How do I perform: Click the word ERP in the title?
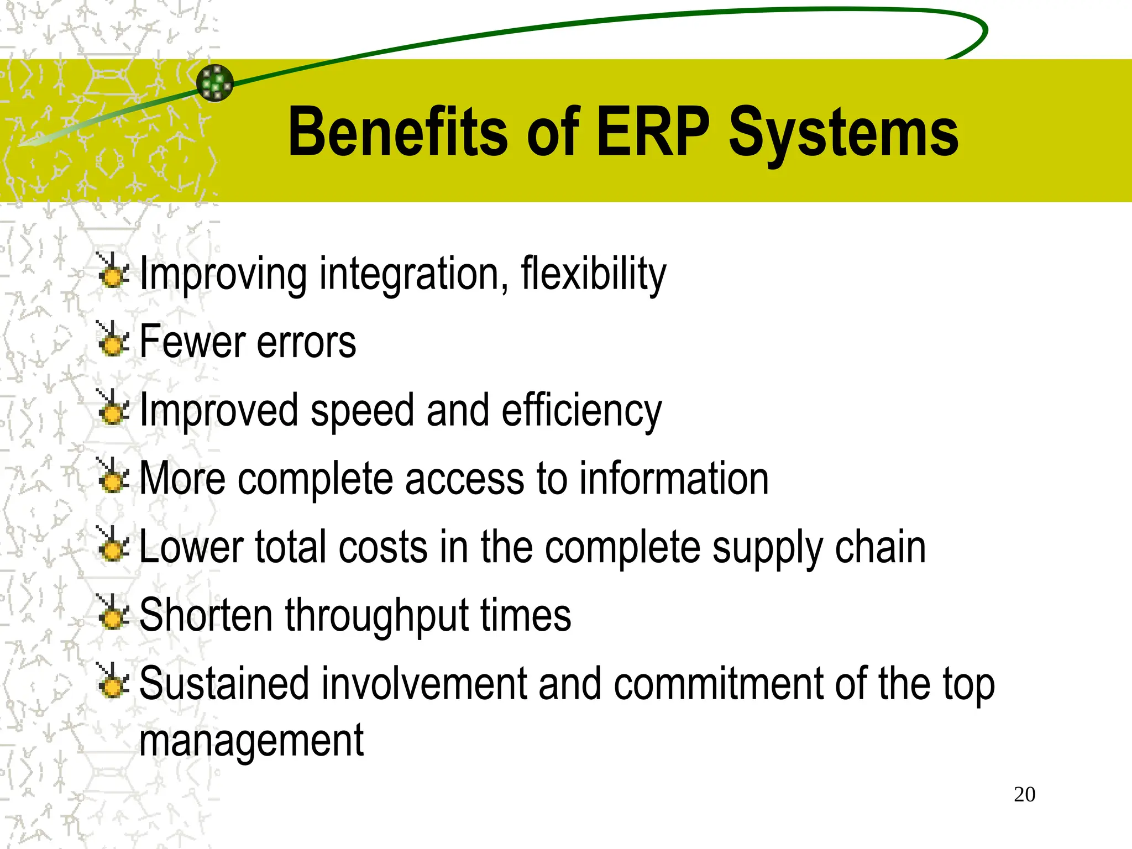coord(653,133)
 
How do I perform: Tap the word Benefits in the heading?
coord(397,133)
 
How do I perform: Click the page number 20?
coord(1024,794)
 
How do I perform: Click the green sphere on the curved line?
coord(215,83)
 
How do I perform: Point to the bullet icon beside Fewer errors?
coord(113,339)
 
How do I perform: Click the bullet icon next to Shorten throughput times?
coord(113,613)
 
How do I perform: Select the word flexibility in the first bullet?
coord(594,274)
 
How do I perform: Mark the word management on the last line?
coord(251,741)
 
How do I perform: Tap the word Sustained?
coord(224,684)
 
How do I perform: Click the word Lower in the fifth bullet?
coord(191,547)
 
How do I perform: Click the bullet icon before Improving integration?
coord(113,271)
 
